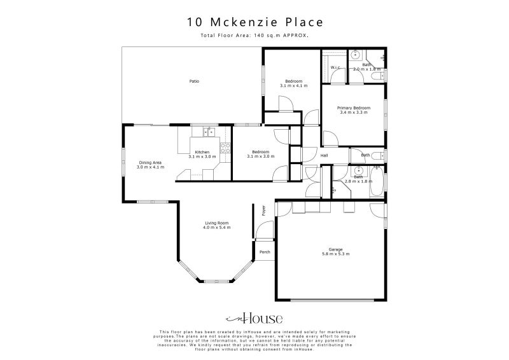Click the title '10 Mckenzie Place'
(254, 22)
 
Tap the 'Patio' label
(194, 81)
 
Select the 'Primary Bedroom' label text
(353, 108)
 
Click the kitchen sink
(208, 132)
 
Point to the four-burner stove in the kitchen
(225, 148)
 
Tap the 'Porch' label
(265, 252)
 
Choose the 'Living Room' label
(216, 223)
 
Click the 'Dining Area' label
(151, 163)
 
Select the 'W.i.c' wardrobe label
(335, 67)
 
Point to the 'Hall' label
(324, 155)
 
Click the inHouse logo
(254, 319)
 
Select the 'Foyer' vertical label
(263, 211)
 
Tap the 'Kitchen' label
(202, 152)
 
